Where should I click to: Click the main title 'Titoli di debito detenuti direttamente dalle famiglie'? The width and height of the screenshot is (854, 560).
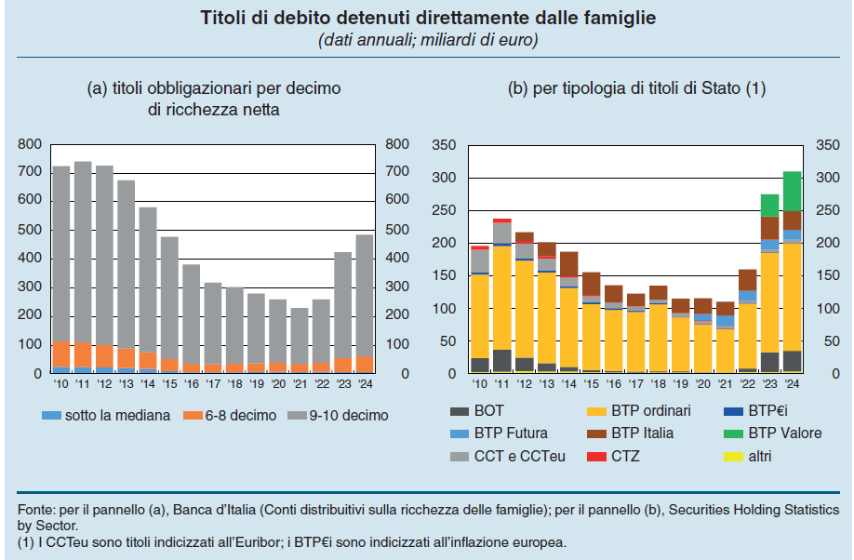427,18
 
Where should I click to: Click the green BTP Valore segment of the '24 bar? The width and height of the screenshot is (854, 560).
792,191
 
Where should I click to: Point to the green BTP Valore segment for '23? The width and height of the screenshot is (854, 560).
769,205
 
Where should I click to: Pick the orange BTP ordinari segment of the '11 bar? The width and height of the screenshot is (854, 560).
502,298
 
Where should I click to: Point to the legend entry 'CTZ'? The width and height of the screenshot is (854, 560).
624,456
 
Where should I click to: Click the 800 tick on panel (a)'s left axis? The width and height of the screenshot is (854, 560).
30,144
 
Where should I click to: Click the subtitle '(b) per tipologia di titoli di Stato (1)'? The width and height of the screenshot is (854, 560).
635,89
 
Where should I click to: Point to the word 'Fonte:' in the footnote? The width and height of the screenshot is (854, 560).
35,511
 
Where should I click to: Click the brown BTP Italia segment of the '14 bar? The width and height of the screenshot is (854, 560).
568,264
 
